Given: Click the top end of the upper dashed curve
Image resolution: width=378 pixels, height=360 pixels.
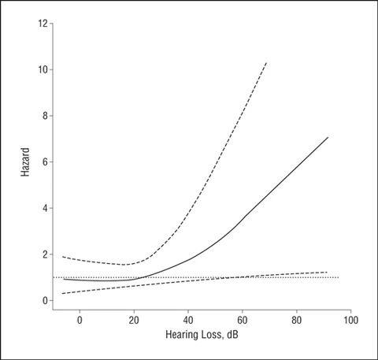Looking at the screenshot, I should click(267, 62).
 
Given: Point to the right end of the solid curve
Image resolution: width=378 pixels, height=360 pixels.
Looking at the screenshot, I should click(328, 137).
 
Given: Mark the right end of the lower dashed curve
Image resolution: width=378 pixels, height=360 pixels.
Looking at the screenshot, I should click(327, 272).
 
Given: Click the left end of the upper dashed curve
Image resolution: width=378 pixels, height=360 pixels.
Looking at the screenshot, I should click(63, 257).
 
